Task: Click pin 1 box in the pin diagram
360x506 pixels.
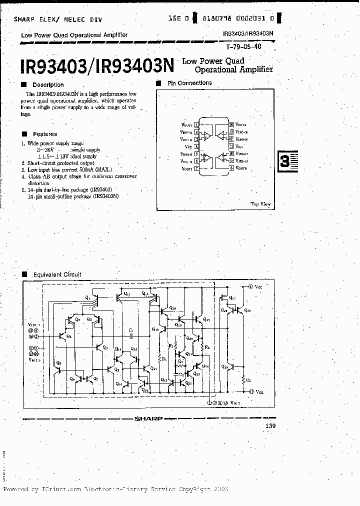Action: [x=197, y=124]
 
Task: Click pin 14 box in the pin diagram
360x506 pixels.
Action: [x=231, y=124]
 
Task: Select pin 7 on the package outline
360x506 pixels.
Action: [x=197, y=169]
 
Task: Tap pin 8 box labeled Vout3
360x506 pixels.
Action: [x=231, y=169]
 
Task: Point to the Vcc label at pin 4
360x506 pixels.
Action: [x=188, y=146]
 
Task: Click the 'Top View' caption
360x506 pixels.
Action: [x=260, y=204]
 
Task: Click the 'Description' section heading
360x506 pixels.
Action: [x=48, y=85]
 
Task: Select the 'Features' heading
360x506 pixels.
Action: [x=45, y=134]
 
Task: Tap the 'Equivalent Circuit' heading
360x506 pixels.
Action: [x=56, y=274]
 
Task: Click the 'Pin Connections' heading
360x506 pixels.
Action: [x=189, y=83]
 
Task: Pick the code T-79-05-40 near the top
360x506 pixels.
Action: [x=243, y=46]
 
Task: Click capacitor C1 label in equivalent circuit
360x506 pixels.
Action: [x=130, y=330]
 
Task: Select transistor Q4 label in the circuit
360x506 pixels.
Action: [x=68, y=336]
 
